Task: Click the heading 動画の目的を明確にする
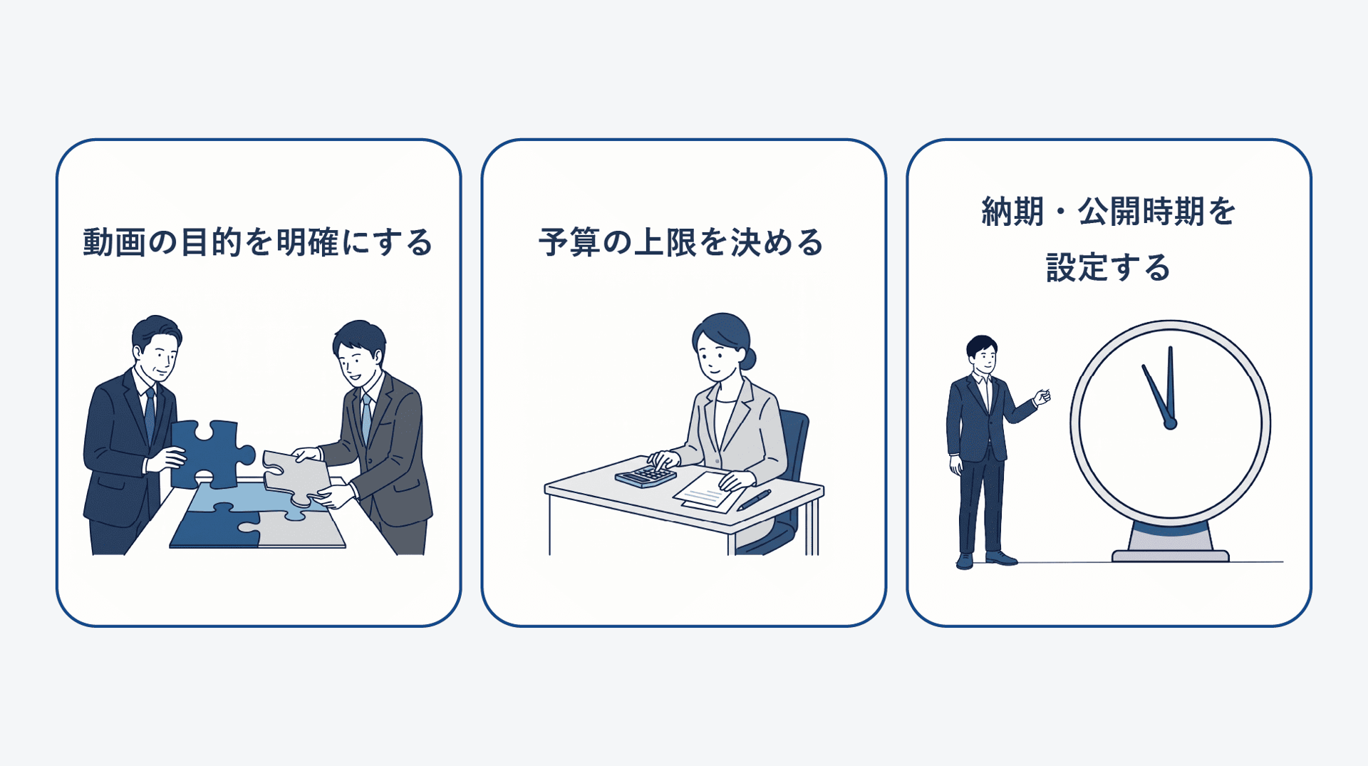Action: pos(258,242)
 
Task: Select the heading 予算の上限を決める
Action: pos(681,242)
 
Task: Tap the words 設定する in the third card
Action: pos(1109,268)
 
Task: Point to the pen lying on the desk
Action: pos(754,500)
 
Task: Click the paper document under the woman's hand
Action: pos(710,492)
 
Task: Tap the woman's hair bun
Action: pos(747,358)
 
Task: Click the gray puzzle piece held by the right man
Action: pos(295,476)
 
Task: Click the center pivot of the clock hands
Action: pos(1170,424)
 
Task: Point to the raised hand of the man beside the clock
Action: pos(1042,396)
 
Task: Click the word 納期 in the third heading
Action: pos(1012,212)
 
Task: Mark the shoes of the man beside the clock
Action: pos(986,560)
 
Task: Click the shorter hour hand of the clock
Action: pos(1156,394)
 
